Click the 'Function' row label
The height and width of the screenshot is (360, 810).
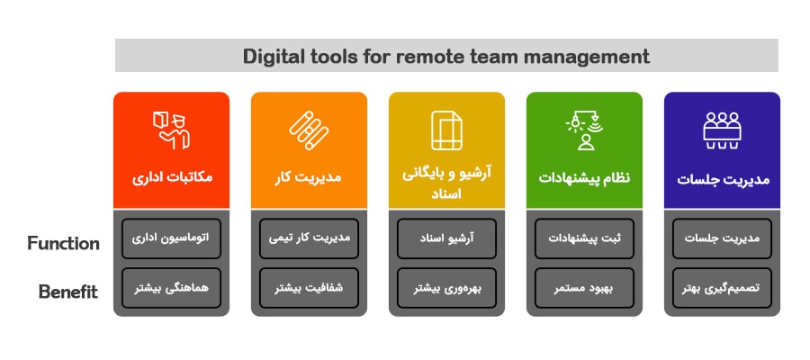[64, 243]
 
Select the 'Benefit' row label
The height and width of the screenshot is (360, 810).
[68, 292]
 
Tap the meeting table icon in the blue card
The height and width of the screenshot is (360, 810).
[722, 130]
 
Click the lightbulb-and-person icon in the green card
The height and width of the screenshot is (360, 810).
[583, 130]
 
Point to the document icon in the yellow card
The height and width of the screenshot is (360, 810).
[446, 130]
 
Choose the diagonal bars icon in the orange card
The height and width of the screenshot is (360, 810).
[309, 130]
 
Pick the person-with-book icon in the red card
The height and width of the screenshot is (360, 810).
[172, 130]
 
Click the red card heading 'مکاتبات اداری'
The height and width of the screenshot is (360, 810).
[172, 178]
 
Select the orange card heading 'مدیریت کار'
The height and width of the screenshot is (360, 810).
[308, 178]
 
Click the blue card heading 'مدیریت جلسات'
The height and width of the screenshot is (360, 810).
[723, 179]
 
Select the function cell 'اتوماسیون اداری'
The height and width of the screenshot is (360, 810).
[171, 238]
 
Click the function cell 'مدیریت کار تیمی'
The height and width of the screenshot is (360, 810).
[309, 238]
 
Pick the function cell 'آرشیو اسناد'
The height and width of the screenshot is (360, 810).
[446, 238]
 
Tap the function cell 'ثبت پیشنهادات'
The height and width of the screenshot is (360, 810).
[584, 238]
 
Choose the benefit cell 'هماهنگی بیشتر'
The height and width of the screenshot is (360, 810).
[171, 288]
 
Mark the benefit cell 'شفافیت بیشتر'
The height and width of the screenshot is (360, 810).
[309, 288]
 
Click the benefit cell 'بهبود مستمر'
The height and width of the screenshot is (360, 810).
[584, 288]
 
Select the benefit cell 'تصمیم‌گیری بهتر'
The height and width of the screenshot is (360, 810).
[722, 288]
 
